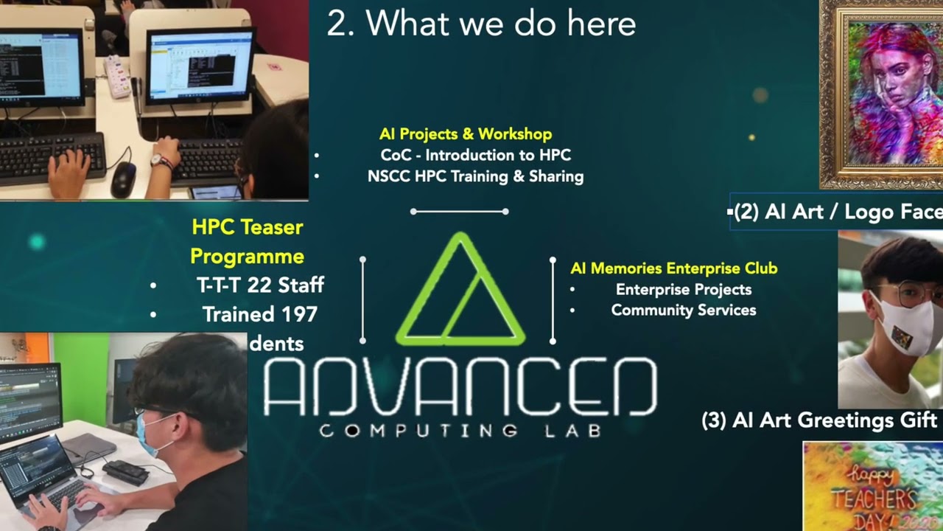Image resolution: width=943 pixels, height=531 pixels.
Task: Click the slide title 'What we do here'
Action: click(x=481, y=24)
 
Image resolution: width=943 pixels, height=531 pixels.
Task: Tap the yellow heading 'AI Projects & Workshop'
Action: click(x=466, y=134)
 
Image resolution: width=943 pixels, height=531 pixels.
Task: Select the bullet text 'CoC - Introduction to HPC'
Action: click(x=475, y=156)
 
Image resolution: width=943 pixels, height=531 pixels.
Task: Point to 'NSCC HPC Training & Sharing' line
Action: click(x=475, y=177)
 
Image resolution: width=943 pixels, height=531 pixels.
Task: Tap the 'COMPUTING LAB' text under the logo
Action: click(x=460, y=430)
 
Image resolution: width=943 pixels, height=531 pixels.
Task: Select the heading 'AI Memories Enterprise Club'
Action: click(x=673, y=268)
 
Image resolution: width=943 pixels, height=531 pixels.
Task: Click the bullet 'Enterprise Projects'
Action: click(x=683, y=290)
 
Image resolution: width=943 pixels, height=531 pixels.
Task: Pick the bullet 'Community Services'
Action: click(x=683, y=310)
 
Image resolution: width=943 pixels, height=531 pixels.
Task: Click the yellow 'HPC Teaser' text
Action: click(x=247, y=227)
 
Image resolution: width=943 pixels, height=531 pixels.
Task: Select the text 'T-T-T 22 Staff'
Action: click(x=260, y=285)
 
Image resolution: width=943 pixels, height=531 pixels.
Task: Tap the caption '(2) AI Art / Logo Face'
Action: click(x=838, y=212)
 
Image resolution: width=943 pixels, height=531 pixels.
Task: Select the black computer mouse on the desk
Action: click(x=124, y=178)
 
